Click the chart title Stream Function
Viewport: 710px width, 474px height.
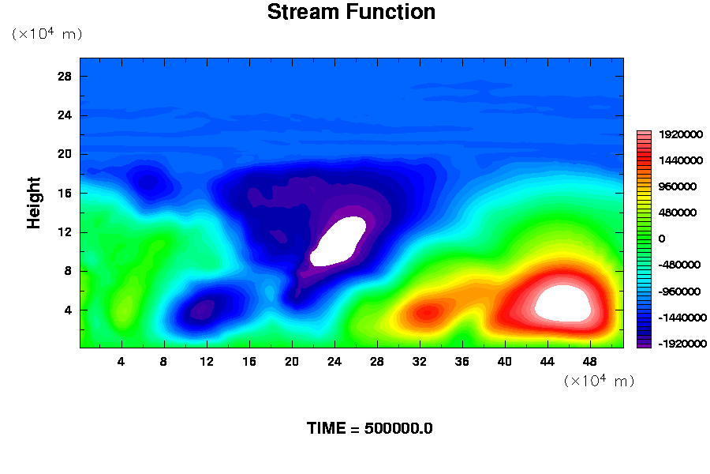[351, 12]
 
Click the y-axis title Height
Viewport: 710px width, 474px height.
[33, 203]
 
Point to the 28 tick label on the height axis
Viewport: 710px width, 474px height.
[65, 76]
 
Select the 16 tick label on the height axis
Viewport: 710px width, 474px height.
[65, 194]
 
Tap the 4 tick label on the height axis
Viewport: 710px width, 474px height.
[68, 310]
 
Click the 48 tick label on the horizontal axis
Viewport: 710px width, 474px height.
[590, 362]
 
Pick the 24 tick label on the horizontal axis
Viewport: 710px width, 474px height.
[334, 362]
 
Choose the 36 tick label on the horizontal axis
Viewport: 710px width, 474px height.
[461, 362]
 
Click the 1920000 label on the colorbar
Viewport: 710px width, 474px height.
[681, 135]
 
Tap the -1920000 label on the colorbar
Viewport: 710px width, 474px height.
[682, 344]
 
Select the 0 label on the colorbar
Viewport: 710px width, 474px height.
[662, 239]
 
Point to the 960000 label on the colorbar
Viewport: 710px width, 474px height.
[678, 187]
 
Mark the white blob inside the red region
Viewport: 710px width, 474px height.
[562, 303]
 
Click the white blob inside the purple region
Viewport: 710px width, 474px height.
[338, 241]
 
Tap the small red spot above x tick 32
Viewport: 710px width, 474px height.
[427, 312]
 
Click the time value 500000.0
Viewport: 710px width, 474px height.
[398, 428]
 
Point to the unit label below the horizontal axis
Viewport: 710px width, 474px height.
[599, 381]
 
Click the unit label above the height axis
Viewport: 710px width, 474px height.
[47, 33]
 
